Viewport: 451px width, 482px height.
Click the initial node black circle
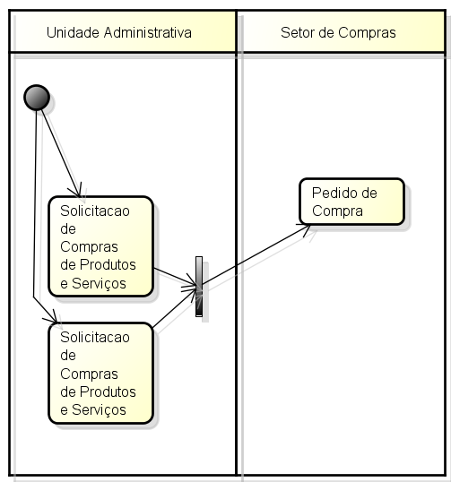(37, 98)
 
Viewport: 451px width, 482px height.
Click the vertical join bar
(199, 287)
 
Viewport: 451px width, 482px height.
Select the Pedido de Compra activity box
(351, 202)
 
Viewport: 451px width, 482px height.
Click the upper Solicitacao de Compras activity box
(101, 246)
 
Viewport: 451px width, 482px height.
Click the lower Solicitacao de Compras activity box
(101, 374)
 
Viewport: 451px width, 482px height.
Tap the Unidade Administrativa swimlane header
(123, 32)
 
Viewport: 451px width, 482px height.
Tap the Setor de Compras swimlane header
(341, 32)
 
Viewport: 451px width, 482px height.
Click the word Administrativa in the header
(148, 32)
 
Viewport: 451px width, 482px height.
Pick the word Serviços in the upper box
(99, 283)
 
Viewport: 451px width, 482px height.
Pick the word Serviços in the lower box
(99, 409)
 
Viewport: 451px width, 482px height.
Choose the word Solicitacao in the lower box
(95, 337)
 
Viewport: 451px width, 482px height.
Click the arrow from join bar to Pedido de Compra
(256, 254)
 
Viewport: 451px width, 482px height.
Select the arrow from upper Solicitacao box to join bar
(175, 277)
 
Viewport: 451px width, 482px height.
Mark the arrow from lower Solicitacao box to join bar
(175, 307)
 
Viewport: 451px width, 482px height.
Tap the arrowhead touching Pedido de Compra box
(305, 229)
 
